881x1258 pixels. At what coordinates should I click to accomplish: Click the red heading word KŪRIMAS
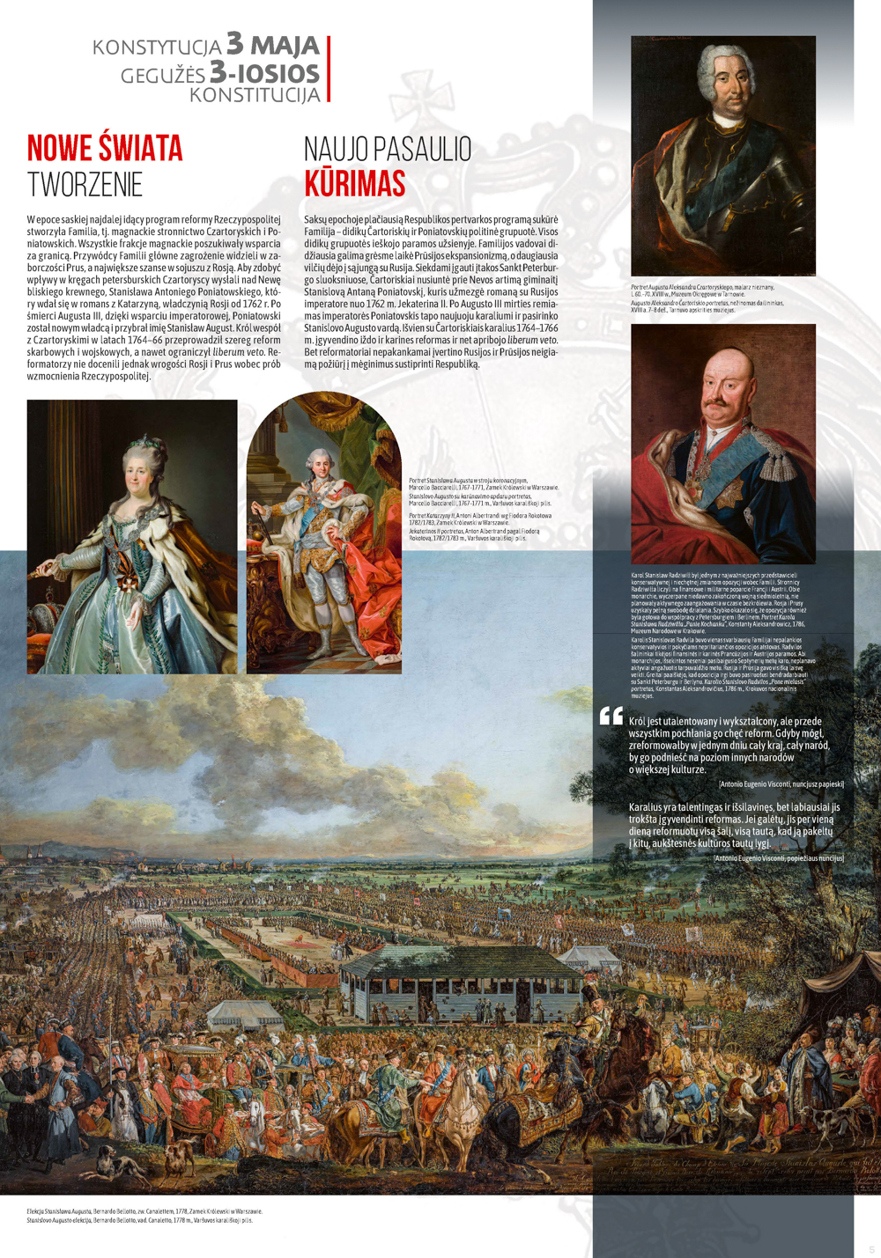(x=355, y=184)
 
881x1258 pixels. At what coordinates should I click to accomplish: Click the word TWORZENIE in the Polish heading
(x=85, y=185)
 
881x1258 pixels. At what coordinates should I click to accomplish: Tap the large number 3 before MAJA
(x=235, y=43)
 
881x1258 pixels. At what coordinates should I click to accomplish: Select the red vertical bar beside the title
(x=329, y=69)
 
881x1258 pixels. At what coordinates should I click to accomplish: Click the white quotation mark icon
(x=611, y=716)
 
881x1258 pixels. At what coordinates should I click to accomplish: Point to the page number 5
(x=871, y=1249)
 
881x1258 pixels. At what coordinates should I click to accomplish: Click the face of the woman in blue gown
(x=139, y=475)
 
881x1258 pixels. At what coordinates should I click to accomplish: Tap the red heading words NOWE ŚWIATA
(x=105, y=149)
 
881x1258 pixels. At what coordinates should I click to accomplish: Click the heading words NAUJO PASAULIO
(x=388, y=150)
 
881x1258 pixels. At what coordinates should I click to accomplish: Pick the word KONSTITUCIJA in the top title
(x=255, y=94)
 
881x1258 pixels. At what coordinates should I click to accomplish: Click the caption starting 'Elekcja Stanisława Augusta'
(x=144, y=1211)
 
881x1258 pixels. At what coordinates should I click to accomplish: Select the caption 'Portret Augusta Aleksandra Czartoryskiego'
(x=696, y=287)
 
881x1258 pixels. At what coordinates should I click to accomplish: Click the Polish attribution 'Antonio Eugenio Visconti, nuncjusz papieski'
(x=781, y=783)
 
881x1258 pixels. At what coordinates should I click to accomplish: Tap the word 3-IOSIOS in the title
(x=264, y=72)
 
